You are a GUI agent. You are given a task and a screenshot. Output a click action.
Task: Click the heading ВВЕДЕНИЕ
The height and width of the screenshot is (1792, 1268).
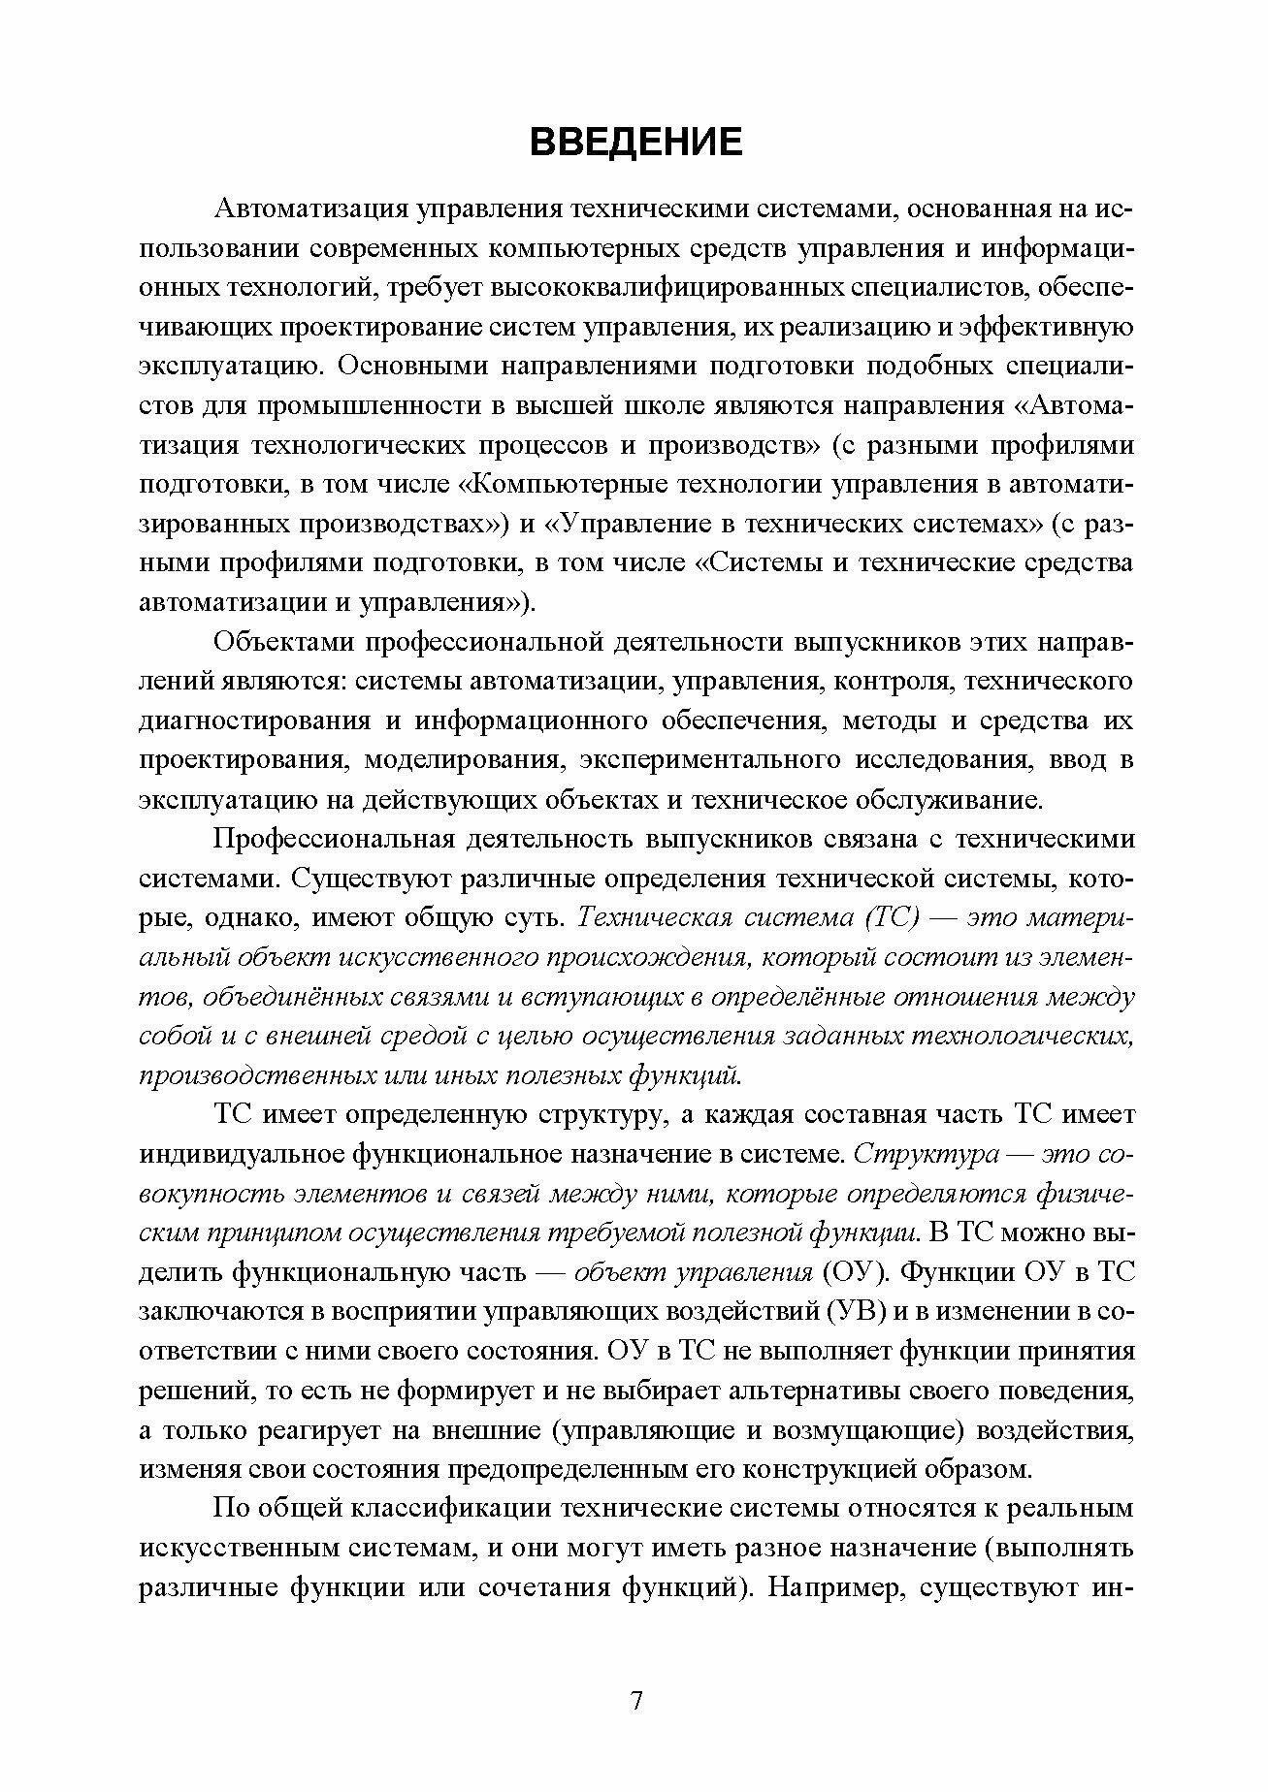coord(635,142)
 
